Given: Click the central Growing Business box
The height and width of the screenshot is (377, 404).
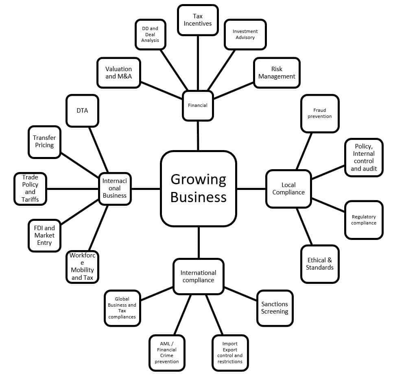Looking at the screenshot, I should (199, 188).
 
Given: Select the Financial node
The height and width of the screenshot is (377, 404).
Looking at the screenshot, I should (198, 105).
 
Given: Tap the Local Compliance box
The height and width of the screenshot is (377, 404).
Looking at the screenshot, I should (288, 189).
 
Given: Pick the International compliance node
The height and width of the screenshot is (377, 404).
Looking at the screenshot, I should (198, 277).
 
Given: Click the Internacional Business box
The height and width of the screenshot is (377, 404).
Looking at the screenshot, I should (115, 188).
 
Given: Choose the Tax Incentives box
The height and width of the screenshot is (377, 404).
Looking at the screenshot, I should (198, 20).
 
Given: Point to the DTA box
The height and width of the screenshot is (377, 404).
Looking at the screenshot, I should (82, 111).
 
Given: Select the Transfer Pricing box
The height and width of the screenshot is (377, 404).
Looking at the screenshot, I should (44, 142).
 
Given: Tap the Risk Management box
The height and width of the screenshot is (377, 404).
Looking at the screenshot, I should (277, 73).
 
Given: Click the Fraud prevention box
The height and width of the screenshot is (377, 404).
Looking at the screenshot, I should (320, 113).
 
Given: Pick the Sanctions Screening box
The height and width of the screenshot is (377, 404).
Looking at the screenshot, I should (275, 308).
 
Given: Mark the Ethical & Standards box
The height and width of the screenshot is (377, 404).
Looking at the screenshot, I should (320, 264).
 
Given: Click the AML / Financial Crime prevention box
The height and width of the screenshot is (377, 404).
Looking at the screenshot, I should (167, 353).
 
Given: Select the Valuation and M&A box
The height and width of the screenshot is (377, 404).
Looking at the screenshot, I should (118, 73).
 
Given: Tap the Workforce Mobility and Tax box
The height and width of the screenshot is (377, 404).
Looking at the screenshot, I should (82, 267).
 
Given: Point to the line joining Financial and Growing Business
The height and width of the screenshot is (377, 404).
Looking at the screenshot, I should (198, 136).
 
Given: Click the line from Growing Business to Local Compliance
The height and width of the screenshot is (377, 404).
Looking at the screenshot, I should (251, 189).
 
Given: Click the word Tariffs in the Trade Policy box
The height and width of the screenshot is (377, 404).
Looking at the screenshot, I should (31, 199).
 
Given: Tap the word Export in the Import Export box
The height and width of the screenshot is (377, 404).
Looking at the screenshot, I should (230, 349).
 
